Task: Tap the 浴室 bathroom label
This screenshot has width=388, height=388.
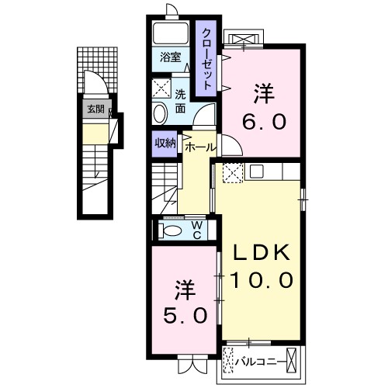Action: [170, 57]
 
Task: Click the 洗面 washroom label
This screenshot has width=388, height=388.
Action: [180, 101]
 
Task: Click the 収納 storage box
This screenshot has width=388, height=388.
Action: [165, 143]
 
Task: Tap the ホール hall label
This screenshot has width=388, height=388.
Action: [200, 145]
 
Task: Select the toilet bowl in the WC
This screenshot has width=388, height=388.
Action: [169, 230]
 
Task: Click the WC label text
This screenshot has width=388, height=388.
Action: [197, 230]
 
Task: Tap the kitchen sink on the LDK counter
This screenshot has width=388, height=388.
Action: [256, 171]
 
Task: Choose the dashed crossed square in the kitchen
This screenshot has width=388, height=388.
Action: [233, 173]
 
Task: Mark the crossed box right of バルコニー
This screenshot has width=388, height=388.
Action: [293, 359]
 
